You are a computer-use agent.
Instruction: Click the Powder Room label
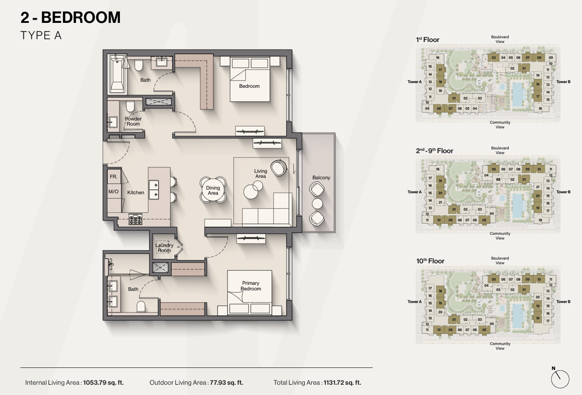(x=133, y=121)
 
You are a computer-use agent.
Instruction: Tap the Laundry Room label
(x=164, y=247)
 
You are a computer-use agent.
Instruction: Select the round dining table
(x=213, y=190)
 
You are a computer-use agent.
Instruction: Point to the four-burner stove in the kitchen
(x=135, y=219)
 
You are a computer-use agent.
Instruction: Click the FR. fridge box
(x=114, y=176)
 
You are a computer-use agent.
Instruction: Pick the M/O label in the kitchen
(x=113, y=191)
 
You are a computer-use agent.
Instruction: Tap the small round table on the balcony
(x=317, y=204)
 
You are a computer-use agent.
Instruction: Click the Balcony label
(x=321, y=177)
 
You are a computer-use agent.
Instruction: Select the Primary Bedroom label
(x=251, y=286)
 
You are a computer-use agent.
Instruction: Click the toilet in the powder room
(x=130, y=106)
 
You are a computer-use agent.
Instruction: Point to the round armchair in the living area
(x=279, y=168)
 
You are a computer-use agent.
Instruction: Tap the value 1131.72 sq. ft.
(x=342, y=382)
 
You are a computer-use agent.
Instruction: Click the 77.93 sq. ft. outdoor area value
(x=226, y=382)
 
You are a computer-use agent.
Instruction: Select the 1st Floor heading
(x=428, y=40)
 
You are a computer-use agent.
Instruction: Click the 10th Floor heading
(x=430, y=261)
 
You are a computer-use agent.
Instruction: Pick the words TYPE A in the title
(x=41, y=35)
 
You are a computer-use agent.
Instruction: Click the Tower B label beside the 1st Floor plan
(x=563, y=82)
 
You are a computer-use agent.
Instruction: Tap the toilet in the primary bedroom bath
(x=141, y=306)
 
